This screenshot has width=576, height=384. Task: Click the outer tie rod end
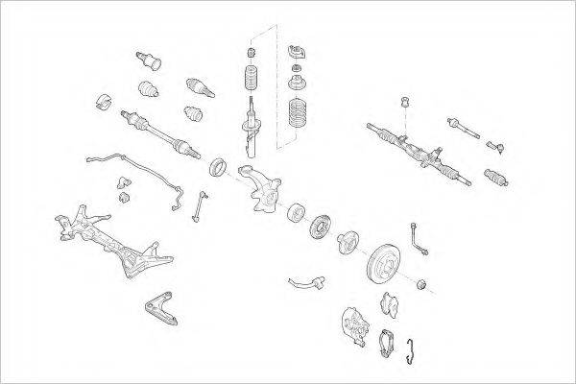(496, 146)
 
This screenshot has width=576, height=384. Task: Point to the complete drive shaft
(158, 133)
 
